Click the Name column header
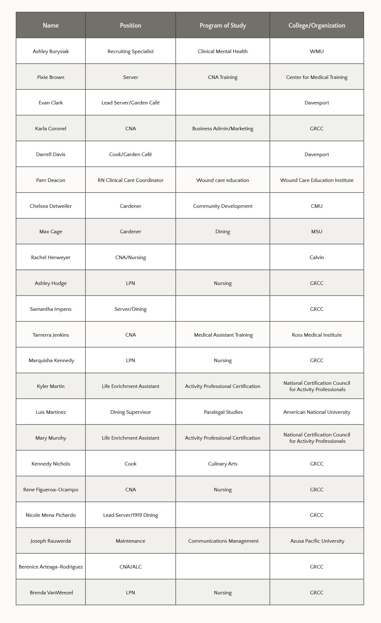click(x=51, y=25)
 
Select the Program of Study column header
click(x=223, y=25)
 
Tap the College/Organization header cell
click(x=316, y=25)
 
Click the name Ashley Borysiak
click(x=51, y=51)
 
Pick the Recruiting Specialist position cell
click(x=130, y=51)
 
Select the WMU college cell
click(x=316, y=51)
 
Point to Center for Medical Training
click(x=316, y=77)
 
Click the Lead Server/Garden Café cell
click(x=130, y=103)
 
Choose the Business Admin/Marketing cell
click(x=223, y=128)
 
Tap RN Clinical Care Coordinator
click(x=130, y=180)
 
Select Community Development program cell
click(x=223, y=206)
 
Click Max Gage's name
click(x=51, y=232)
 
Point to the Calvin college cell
click(x=316, y=257)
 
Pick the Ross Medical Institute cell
click(x=316, y=335)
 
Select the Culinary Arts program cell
click(x=223, y=464)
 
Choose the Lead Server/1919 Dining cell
click(x=130, y=515)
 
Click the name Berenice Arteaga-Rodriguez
click(x=51, y=567)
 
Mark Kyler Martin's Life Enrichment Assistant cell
click(x=130, y=386)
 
